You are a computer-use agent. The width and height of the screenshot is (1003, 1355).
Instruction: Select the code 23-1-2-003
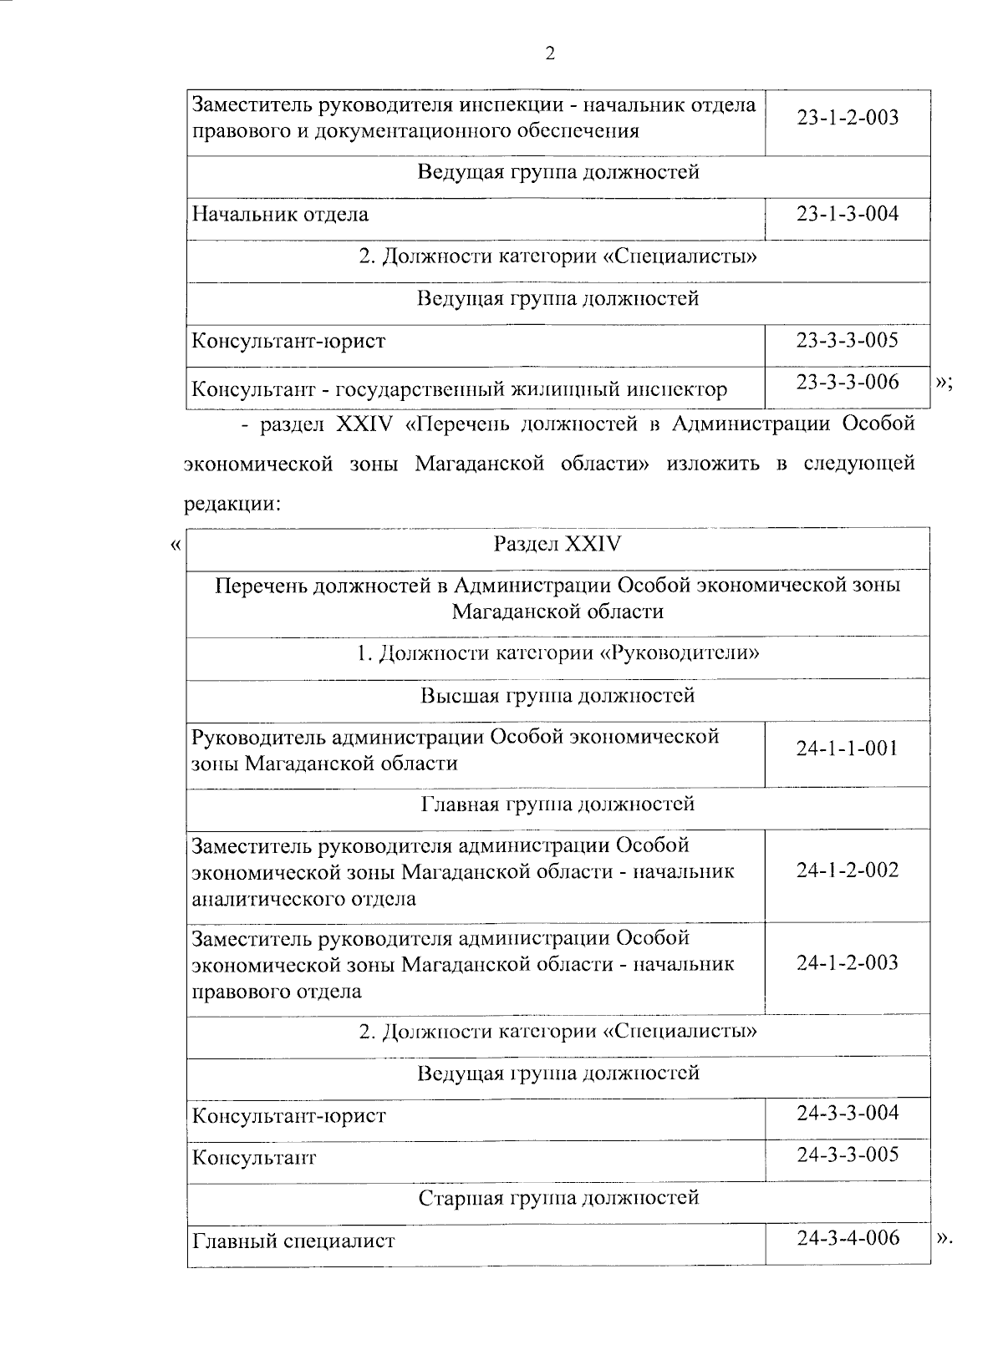tap(847, 118)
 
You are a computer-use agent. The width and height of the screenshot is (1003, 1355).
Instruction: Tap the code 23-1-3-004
tap(847, 214)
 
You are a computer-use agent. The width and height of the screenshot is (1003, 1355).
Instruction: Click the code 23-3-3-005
tap(847, 340)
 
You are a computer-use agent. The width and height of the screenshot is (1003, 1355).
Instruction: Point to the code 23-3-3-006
tap(847, 382)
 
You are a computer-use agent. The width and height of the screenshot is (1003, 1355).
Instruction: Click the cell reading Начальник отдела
tap(281, 215)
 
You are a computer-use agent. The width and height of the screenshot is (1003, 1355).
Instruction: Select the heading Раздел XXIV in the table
tap(558, 545)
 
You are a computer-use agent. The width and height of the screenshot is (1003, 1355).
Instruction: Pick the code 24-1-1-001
tap(847, 749)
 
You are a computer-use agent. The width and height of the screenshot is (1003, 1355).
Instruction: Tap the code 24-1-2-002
tap(847, 870)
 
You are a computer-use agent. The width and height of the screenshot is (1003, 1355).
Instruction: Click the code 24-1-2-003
tap(847, 963)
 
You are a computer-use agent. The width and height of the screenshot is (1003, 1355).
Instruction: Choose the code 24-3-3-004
tap(847, 1113)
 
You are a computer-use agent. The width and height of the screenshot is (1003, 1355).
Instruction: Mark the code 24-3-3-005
tap(847, 1155)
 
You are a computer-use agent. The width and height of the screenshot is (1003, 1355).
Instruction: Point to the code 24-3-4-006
tap(847, 1237)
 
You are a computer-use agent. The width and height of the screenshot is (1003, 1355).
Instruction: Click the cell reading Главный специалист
tap(293, 1241)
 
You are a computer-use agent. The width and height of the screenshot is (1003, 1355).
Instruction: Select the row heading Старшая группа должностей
tap(558, 1199)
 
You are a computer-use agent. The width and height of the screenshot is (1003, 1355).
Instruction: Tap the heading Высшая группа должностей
tap(558, 696)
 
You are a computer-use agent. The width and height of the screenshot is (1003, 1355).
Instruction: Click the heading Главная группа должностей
tap(558, 804)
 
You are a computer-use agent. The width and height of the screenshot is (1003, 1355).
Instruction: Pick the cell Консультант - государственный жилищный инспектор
tap(460, 389)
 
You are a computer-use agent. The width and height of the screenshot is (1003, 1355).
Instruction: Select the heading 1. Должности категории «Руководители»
tap(558, 653)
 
